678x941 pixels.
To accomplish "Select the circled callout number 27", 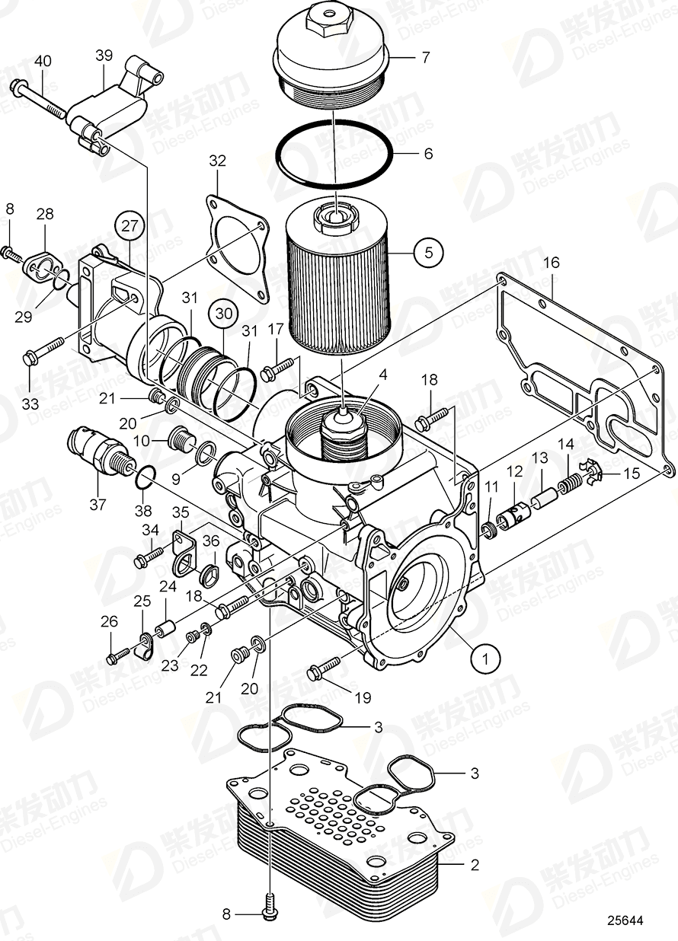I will pos(129,226).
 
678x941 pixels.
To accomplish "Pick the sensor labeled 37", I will pos(91,448).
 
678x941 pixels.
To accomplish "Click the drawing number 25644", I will pos(625,920).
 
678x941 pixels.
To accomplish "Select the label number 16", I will pos(551,263).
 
